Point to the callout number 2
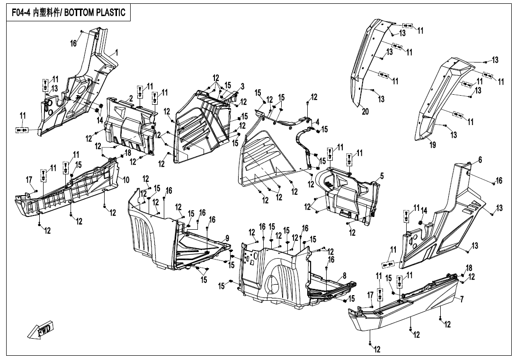click(x=130, y=98)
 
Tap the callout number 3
click(x=242, y=86)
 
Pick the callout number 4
click(x=318, y=121)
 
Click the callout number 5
click(x=381, y=176)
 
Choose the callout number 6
click(x=480, y=161)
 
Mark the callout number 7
click(x=462, y=299)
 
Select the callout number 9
click(x=227, y=238)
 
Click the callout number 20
click(x=365, y=112)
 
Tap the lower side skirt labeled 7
click(x=407, y=308)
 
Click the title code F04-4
click(x=18, y=13)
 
